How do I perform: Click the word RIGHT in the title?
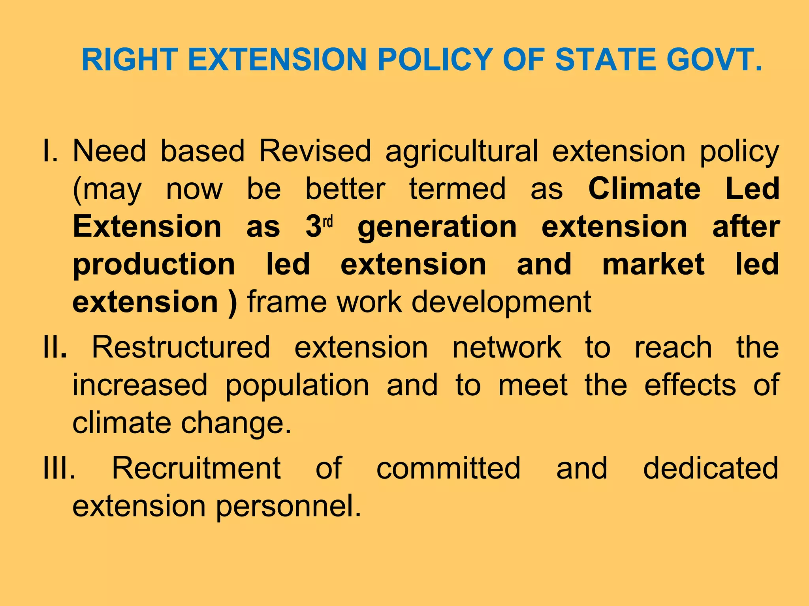tap(130, 60)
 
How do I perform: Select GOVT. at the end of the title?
tap(714, 60)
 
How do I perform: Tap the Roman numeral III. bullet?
tap(59, 468)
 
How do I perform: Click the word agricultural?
tap(462, 152)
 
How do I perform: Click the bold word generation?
tap(437, 227)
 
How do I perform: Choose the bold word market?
tap(653, 264)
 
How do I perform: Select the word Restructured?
tap(181, 347)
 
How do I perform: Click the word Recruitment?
tap(196, 468)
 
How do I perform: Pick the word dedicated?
tap(711, 468)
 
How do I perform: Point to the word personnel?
tap(289, 507)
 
